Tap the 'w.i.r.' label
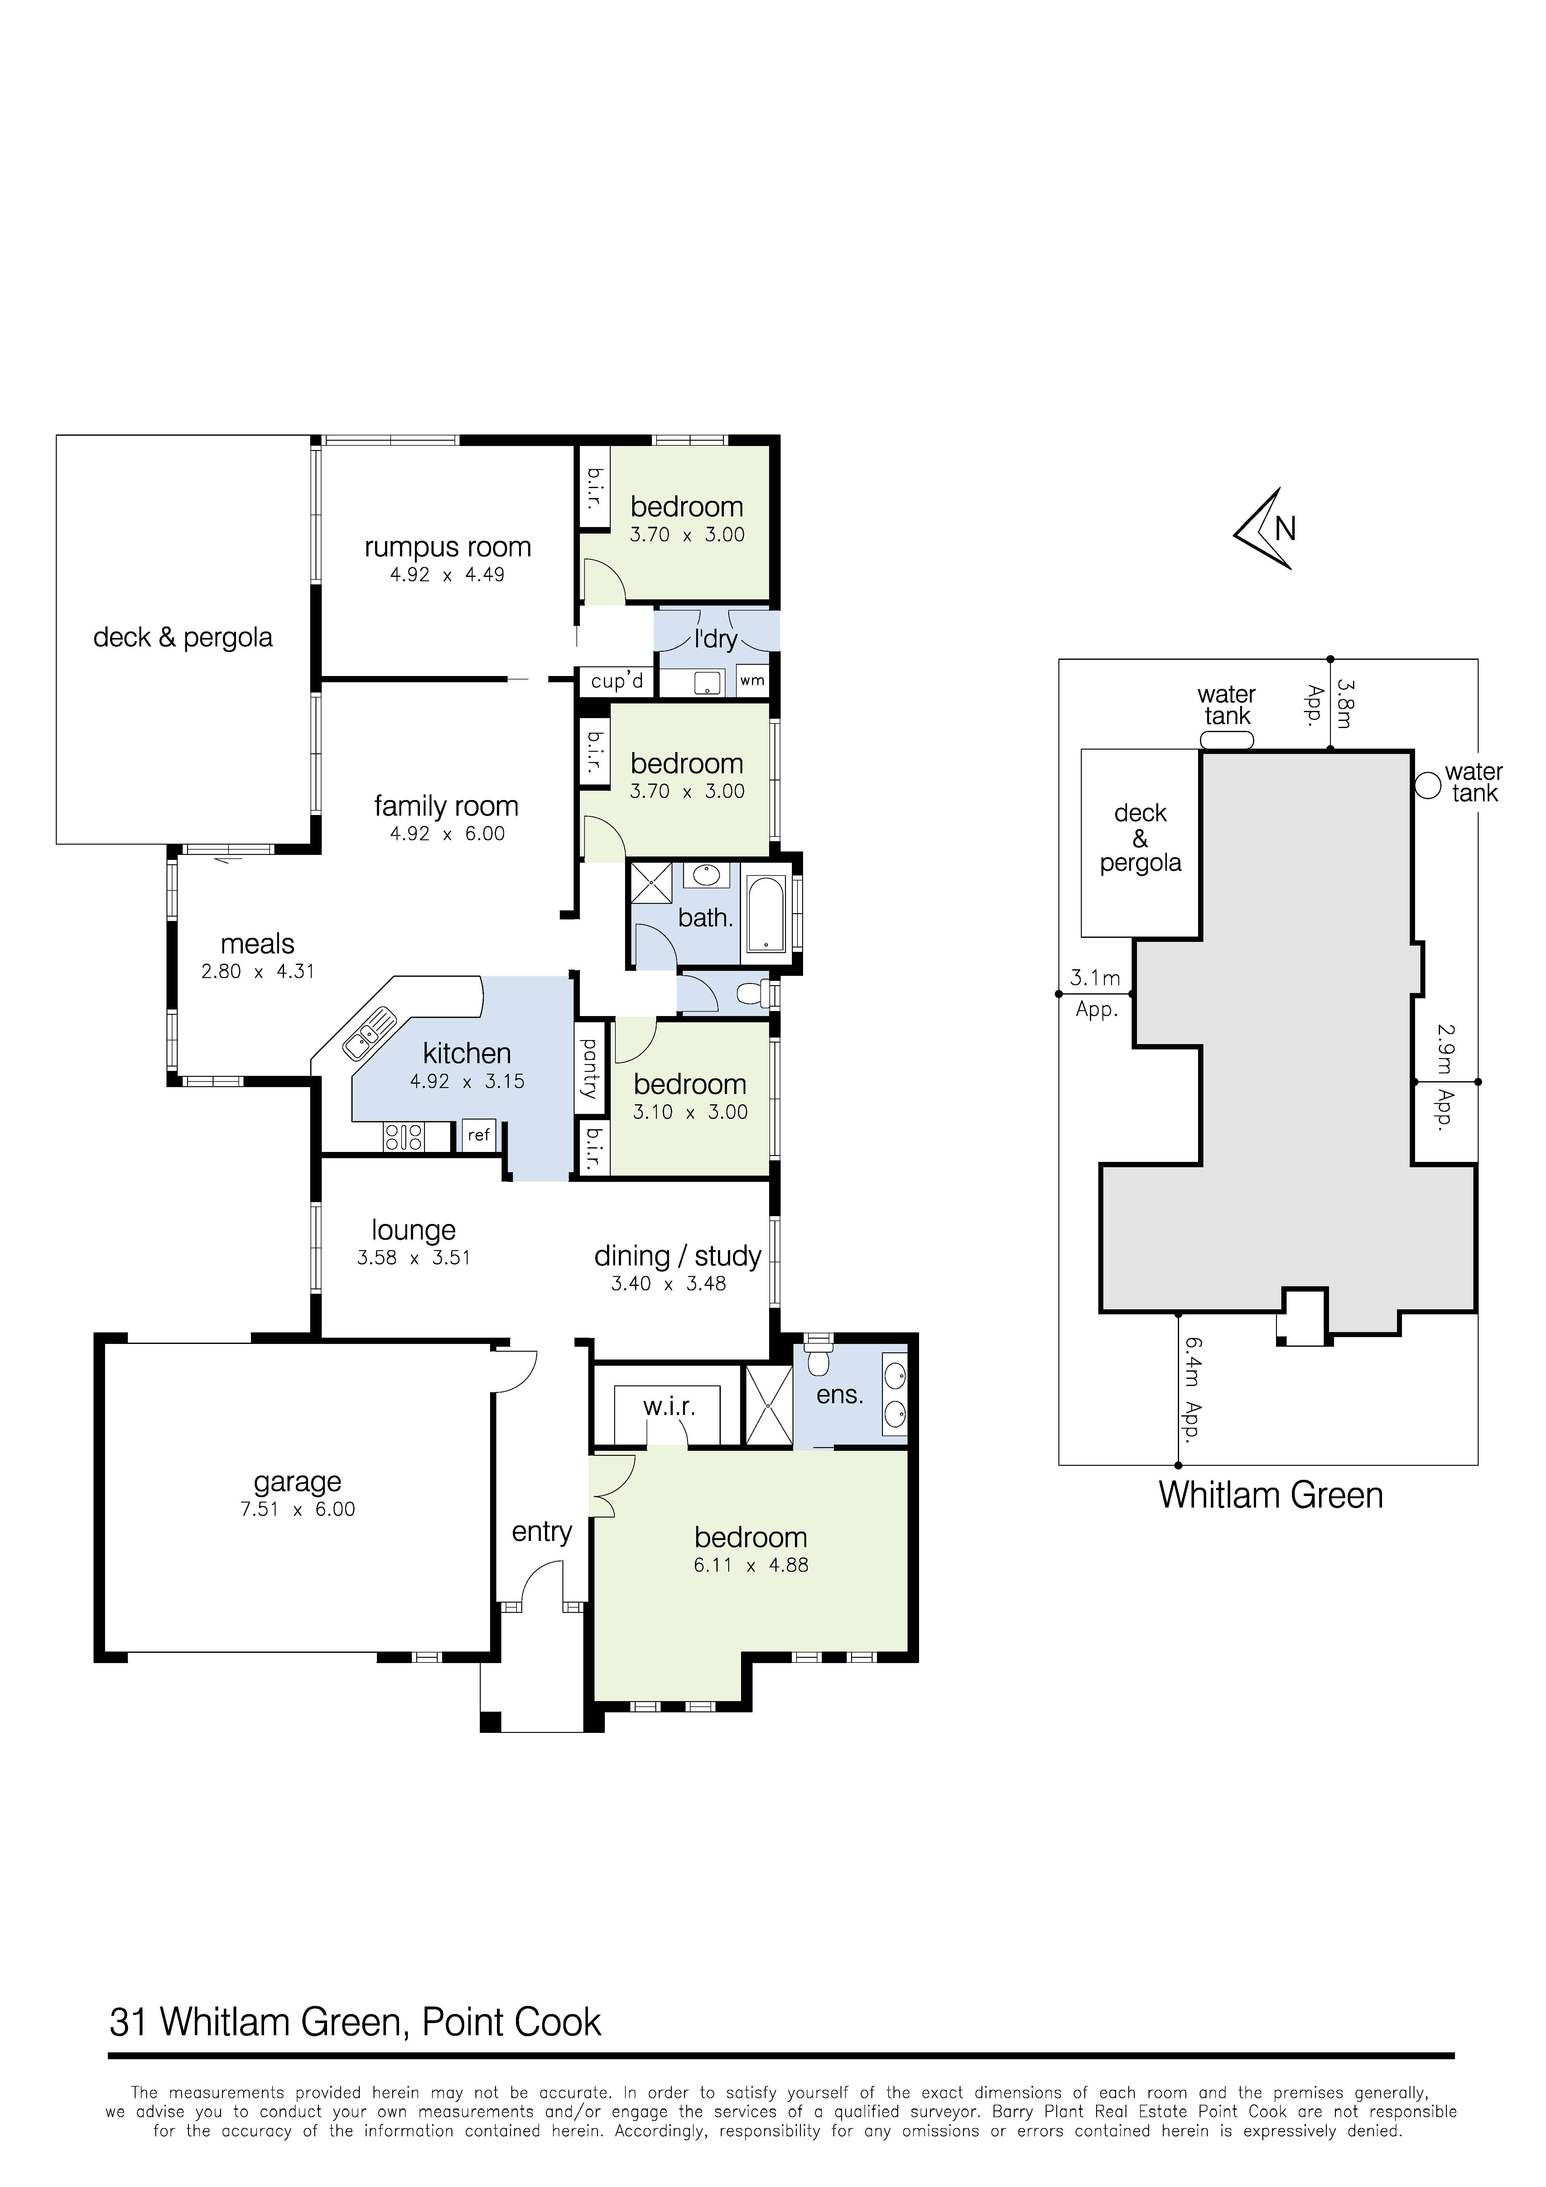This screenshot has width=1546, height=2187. (x=669, y=1407)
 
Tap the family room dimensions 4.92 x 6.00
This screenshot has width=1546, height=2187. (x=447, y=833)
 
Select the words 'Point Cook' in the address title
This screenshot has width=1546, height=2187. (x=512, y=2022)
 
